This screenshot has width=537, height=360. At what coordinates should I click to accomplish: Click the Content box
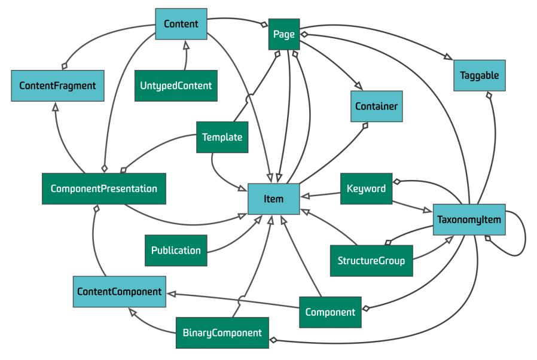pyautogui.click(x=181, y=24)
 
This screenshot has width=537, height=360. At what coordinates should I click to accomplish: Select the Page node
pyautogui.click(x=284, y=34)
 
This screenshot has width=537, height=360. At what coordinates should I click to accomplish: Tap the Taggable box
pyautogui.click(x=480, y=75)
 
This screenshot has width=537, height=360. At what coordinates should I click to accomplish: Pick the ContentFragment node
pyautogui.click(x=57, y=86)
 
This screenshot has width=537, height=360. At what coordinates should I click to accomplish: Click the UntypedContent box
pyautogui.click(x=176, y=86)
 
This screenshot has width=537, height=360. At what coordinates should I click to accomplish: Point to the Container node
pyautogui.click(x=376, y=106)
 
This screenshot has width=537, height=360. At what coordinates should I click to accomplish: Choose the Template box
pyautogui.click(x=222, y=137)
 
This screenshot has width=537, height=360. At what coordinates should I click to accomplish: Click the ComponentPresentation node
pyautogui.click(x=104, y=189)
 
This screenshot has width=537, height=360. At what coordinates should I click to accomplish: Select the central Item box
pyautogui.click(x=274, y=199)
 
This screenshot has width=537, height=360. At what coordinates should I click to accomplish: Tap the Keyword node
pyautogui.click(x=366, y=189)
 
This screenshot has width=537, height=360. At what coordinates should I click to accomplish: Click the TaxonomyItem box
pyautogui.click(x=469, y=219)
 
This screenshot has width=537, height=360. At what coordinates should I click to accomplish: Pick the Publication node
pyautogui.click(x=176, y=251)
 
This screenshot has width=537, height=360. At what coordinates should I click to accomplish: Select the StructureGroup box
pyautogui.click(x=371, y=261)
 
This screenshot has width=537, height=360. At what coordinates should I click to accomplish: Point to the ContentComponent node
pyautogui.click(x=120, y=291)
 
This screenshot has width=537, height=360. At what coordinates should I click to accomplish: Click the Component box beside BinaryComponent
pyautogui.click(x=330, y=312)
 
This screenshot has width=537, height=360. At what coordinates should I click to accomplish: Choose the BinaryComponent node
pyautogui.click(x=222, y=332)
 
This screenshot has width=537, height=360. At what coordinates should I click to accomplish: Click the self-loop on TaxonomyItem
pyautogui.click(x=525, y=236)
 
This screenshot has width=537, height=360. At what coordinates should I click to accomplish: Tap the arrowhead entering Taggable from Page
pyautogui.click(x=448, y=57)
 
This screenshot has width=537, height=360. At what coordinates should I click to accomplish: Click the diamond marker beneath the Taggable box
pyautogui.click(x=489, y=95)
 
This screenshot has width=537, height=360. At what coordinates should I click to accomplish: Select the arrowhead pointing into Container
pyautogui.click(x=358, y=86)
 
